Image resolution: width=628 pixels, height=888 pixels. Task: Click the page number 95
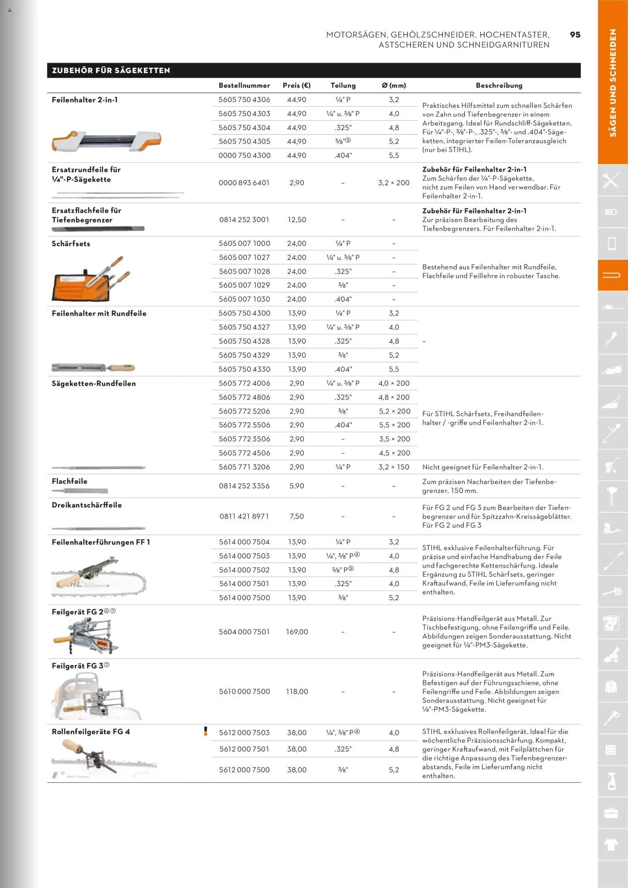pos(575,35)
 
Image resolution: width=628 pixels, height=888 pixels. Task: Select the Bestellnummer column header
pos(244,85)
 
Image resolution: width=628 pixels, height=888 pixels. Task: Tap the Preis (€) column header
pos(297,85)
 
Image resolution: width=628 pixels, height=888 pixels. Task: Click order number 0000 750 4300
pos(244,156)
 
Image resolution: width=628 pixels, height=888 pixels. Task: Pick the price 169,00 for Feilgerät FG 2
pos(297,632)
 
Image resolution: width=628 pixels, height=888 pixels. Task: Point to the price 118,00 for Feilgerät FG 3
pos(297,692)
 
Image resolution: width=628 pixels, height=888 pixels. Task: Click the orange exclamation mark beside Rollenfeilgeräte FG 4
pos(205,731)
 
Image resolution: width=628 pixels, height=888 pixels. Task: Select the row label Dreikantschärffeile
pos(87,505)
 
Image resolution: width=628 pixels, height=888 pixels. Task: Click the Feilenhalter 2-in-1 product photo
pos(106,141)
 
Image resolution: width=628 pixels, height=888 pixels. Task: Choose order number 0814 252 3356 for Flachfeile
pos(244,486)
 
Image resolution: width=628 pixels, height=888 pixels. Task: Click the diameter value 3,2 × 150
pos(394,467)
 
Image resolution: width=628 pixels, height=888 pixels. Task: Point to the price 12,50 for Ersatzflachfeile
pos(297,220)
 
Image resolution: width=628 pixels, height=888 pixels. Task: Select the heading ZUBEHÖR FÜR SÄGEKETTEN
pos(111,70)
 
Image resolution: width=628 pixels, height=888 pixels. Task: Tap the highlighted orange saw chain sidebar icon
pos(612,275)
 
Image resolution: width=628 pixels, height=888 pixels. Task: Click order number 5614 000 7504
pos(244,542)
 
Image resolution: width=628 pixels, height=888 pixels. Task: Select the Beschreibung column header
pos(499,85)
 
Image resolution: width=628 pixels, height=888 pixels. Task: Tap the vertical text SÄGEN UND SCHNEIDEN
pos(613,83)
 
